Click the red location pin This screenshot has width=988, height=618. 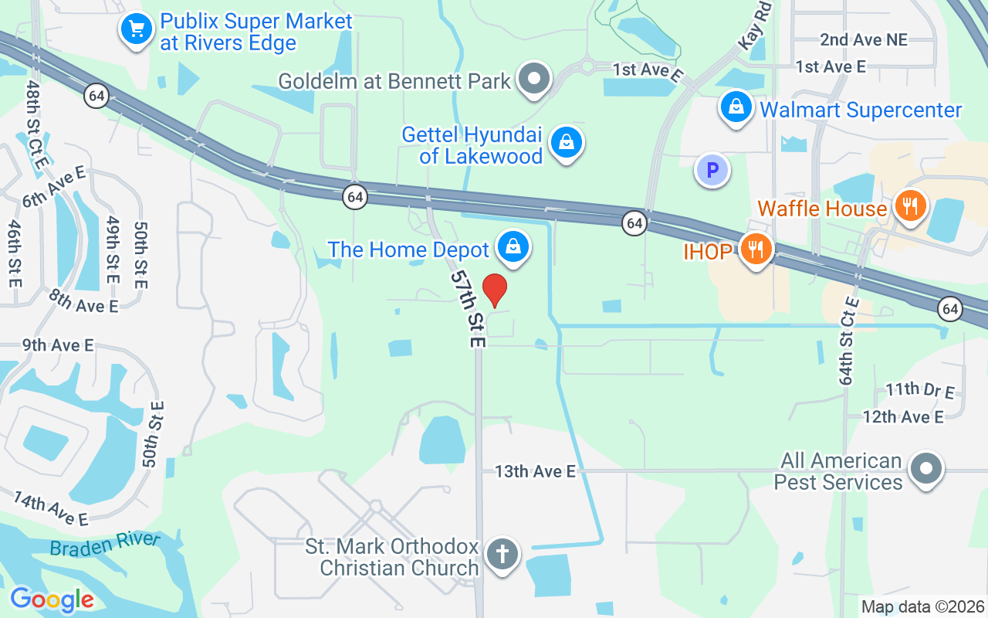pos(495,290)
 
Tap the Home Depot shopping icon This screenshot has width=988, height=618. pos(512,247)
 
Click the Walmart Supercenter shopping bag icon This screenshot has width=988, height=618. pos(736,107)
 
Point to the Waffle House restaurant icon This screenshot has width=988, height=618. pos(911,206)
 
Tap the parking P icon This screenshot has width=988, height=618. pos(712,170)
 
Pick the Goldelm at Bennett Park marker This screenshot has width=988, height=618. pos(533,78)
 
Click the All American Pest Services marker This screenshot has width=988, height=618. pos(926,469)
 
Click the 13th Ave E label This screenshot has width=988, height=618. pos(535,470)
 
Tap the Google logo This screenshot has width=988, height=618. pos(52,599)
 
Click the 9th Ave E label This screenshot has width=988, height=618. pos(58,345)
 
